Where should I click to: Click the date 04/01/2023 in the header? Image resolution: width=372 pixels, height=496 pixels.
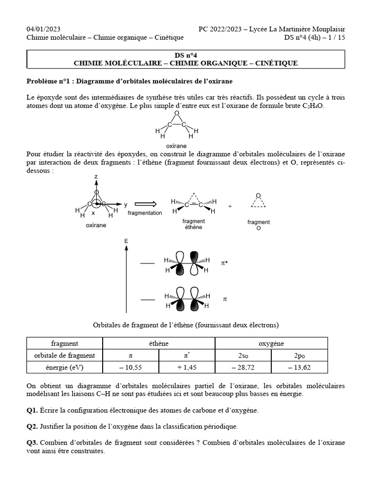tap(44, 29)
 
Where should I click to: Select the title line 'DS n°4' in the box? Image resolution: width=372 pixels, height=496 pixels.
tap(186, 55)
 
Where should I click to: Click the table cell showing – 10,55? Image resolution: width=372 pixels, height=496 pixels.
tap(130, 368)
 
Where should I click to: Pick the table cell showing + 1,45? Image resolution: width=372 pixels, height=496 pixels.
tap(186, 368)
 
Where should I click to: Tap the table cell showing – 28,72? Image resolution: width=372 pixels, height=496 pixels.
tap(243, 368)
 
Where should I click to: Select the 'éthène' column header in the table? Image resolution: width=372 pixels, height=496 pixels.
tap(158, 343)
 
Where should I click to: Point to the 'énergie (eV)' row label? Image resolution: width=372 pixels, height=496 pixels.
tap(64, 368)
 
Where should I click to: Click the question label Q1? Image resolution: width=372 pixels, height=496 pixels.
tap(32, 410)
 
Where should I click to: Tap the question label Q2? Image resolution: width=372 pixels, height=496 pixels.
tap(32, 427)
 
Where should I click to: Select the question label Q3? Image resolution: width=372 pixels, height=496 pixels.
tap(32, 443)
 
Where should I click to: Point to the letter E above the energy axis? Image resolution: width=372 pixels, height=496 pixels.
tap(126, 241)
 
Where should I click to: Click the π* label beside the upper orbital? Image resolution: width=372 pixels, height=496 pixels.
tap(225, 263)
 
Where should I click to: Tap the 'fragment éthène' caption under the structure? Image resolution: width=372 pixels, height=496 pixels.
tap(193, 224)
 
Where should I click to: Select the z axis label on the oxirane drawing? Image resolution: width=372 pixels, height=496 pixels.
tap(96, 178)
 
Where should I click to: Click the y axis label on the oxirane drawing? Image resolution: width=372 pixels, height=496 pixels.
tap(125, 204)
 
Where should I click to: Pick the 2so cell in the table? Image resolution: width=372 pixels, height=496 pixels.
tap(243, 356)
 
